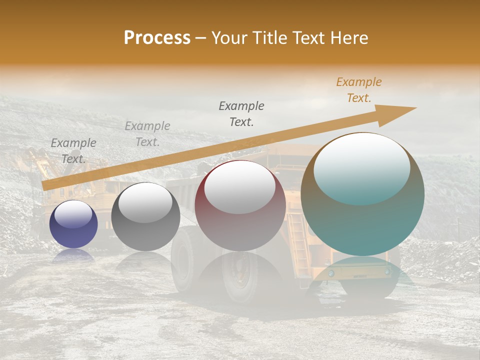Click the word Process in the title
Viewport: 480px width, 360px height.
(157, 38)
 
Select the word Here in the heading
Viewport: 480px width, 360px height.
(349, 38)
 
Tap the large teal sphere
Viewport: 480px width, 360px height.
(362, 220)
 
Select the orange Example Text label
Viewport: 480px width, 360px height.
(359, 90)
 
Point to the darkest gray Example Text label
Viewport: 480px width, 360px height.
(241, 113)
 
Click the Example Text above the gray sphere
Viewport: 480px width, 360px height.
(147, 134)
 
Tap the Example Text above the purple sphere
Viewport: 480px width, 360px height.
(73, 151)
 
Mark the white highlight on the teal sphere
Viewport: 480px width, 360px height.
(361, 167)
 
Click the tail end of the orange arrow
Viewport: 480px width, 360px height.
(44, 185)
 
